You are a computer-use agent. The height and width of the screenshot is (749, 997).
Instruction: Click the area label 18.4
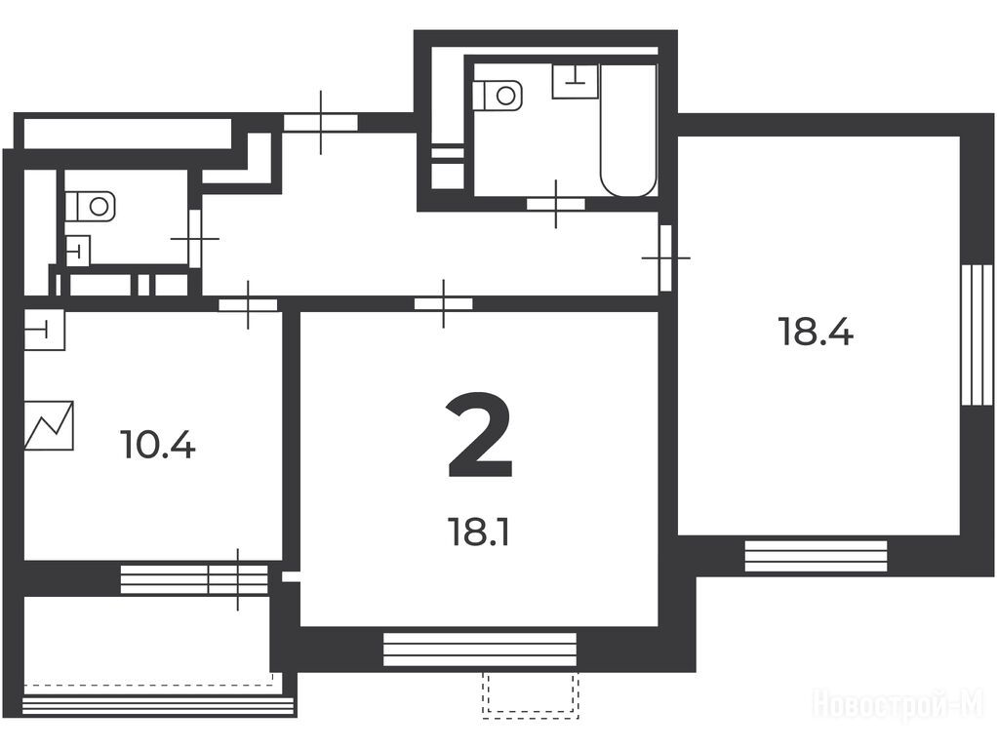(x=816, y=332)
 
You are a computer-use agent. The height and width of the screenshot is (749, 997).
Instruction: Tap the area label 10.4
(x=158, y=445)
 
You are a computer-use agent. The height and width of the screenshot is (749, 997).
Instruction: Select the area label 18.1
(x=479, y=532)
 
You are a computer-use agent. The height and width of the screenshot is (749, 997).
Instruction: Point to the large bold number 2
(x=479, y=435)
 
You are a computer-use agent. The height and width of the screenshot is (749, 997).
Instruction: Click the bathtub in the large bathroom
(x=628, y=130)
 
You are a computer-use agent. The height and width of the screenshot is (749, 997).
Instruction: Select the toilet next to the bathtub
(x=498, y=96)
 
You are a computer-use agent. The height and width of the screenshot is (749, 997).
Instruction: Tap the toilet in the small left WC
(x=91, y=206)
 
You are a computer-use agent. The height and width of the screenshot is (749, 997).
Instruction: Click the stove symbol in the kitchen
(x=49, y=425)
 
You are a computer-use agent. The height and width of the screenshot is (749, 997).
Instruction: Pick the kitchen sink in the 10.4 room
(x=45, y=330)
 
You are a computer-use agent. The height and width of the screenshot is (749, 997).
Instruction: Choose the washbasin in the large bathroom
(x=576, y=81)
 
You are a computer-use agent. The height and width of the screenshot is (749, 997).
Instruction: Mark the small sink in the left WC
(x=78, y=250)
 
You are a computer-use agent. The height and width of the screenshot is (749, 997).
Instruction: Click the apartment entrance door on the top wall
(x=320, y=122)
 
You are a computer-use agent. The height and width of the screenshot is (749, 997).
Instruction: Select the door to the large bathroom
(x=556, y=204)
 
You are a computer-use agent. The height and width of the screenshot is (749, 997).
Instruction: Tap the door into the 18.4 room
(x=665, y=257)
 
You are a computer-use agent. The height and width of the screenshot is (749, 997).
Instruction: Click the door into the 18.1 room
(x=443, y=304)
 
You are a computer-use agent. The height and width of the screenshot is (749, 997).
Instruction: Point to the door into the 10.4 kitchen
(x=248, y=304)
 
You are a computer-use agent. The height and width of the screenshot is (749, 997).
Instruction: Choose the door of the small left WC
(x=195, y=238)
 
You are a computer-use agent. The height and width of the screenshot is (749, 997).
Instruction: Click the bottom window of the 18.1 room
(x=480, y=650)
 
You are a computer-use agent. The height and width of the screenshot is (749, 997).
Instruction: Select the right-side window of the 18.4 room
(x=977, y=335)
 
